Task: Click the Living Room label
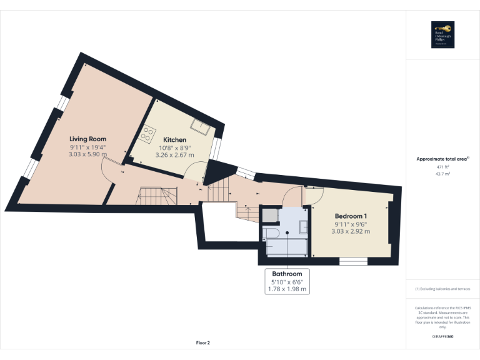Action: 87,139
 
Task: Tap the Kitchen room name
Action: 174,139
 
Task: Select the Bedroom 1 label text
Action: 351,216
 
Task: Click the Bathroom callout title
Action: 287,274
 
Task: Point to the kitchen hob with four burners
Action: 148,133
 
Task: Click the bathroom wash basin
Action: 303,226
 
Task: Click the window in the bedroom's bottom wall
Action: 352,261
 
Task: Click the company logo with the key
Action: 442,35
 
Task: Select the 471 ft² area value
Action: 442,167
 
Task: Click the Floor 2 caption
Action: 203,342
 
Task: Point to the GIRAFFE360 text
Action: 442,336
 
